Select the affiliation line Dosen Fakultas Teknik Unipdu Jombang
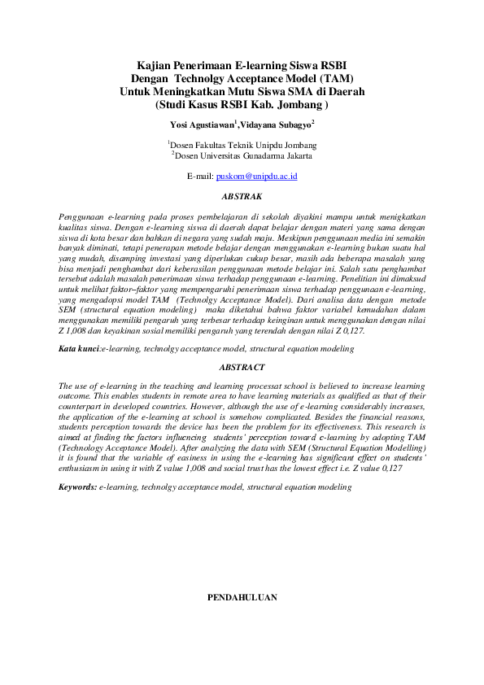pos(242,144)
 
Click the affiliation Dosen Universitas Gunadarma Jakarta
pos(242,155)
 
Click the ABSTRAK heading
pos(242,196)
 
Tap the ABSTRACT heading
pos(242,368)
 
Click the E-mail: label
pos(200,176)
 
